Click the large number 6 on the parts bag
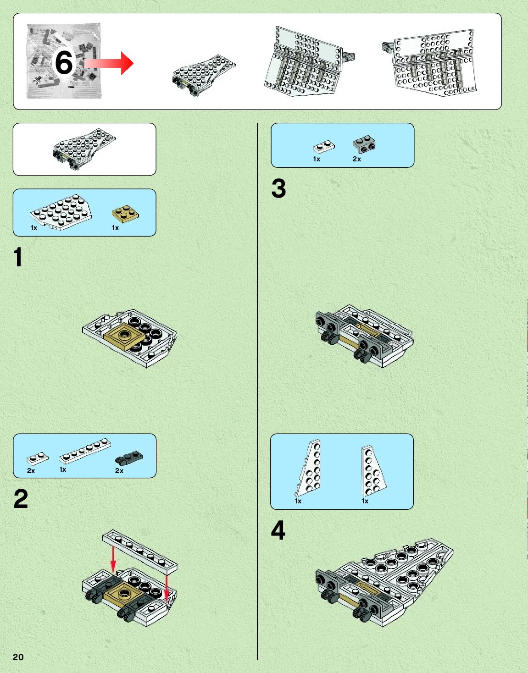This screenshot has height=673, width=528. pos(64,62)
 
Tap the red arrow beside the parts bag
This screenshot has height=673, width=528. pos(109,63)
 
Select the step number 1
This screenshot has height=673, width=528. pos(18,257)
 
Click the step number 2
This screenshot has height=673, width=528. pos(21,499)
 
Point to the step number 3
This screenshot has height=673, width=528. pos(278,188)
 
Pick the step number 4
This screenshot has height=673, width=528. pos(278,530)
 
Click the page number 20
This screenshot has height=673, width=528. pos(18,657)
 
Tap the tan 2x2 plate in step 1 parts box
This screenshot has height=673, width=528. pos(125,214)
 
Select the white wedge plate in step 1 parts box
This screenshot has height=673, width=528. pos(61,212)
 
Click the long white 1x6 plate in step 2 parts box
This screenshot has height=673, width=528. pos(85,451)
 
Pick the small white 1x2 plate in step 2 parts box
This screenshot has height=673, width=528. pos(38,458)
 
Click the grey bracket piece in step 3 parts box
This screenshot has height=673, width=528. pos(364,144)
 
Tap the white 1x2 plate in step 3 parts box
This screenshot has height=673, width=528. pos(324,147)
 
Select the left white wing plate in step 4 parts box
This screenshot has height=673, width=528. pos(309,468)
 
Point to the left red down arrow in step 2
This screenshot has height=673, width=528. pos(113,559)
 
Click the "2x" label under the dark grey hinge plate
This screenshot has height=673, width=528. pos(119,471)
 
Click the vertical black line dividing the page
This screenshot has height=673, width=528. pos(257,392)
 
